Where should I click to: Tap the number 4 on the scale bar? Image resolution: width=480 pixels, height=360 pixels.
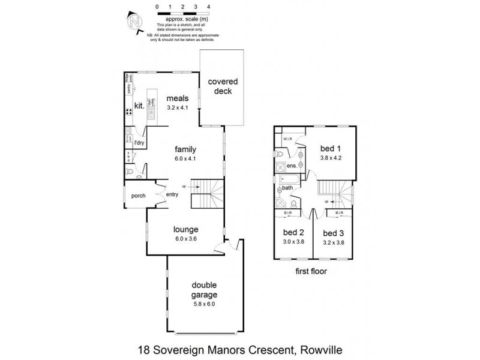(208, 6)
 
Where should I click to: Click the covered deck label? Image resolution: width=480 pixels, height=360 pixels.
(223, 86)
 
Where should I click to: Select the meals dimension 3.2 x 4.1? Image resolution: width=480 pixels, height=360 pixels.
(178, 109)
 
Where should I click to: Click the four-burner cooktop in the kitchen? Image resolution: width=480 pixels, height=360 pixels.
(128, 112)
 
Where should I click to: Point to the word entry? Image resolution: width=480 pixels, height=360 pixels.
(172, 194)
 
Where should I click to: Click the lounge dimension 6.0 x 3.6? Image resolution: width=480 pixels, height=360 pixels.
(186, 239)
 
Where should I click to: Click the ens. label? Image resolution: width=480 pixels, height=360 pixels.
(292, 165)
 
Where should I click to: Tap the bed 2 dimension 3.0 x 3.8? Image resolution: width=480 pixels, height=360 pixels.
(293, 242)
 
